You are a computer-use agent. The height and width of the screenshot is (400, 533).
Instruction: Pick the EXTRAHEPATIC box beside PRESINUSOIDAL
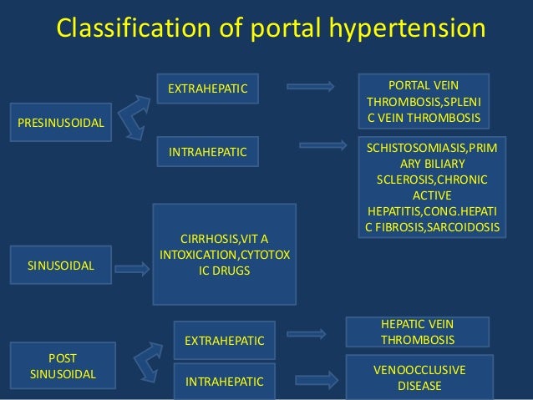pos(208,87)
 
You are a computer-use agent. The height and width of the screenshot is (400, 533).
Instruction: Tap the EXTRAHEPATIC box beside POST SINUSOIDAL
pos(223,340)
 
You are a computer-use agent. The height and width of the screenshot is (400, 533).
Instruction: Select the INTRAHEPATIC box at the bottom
pos(223,382)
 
